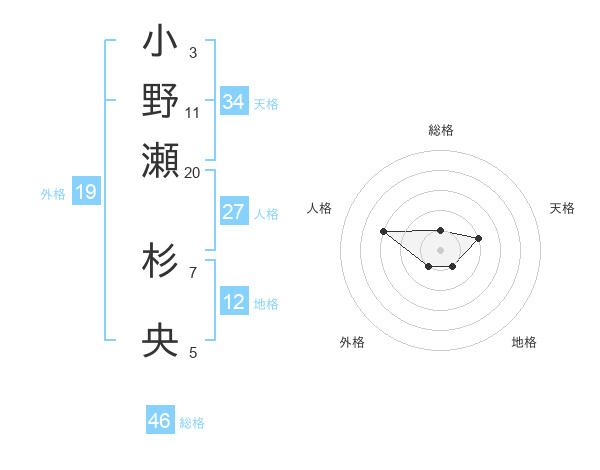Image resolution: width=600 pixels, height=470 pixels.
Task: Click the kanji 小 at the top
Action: (161, 45)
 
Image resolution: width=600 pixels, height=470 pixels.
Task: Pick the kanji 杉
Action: (161, 262)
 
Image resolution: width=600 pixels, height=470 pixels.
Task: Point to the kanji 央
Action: (161, 344)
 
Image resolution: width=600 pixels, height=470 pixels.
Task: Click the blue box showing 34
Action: (233, 102)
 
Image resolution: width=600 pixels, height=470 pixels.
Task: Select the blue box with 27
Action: (233, 212)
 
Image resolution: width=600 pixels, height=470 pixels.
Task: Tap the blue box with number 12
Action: (233, 302)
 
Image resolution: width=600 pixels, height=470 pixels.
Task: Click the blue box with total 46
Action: (159, 421)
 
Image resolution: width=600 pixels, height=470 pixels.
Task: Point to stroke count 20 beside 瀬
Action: (193, 172)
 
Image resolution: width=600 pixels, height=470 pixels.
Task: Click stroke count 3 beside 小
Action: (193, 52)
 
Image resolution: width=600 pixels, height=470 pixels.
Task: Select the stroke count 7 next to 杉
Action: (193, 271)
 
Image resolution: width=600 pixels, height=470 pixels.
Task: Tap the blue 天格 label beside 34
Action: (266, 104)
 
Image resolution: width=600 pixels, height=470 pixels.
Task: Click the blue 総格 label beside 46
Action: (192, 423)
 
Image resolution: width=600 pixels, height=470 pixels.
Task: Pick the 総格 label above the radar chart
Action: (441, 130)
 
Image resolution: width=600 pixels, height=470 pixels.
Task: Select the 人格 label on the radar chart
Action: (320, 208)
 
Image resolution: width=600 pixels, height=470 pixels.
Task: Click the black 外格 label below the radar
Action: (352, 342)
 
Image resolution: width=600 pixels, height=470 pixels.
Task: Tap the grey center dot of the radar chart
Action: (441, 249)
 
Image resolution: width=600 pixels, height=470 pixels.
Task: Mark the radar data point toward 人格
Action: (384, 231)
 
